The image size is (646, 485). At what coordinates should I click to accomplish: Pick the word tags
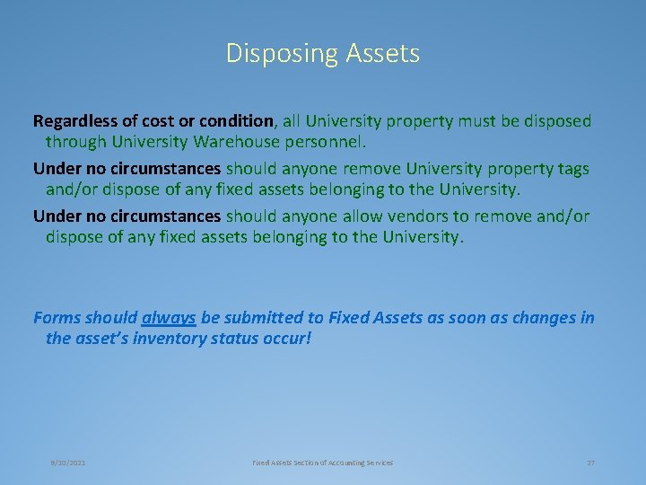coord(570,168)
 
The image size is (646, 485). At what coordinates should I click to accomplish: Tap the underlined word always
coord(169,318)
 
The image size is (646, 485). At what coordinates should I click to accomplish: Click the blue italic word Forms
coord(57,318)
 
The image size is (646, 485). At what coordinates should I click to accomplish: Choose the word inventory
coord(164,339)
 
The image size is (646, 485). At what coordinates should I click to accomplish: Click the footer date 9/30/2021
coord(68,463)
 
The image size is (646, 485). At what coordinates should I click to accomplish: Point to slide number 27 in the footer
coord(590,463)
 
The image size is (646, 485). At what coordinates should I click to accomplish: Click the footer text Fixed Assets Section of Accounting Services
coord(322,463)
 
